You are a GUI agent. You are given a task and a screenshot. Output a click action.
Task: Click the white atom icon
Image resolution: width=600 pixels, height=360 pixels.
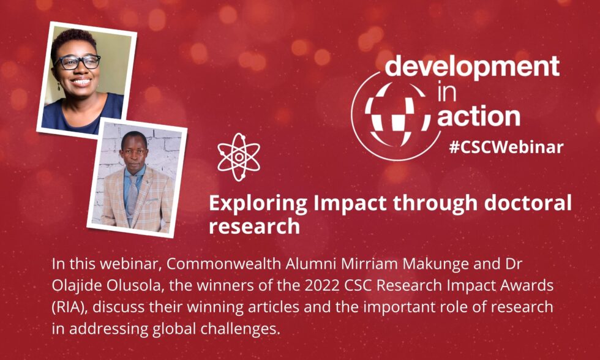pos(239,157)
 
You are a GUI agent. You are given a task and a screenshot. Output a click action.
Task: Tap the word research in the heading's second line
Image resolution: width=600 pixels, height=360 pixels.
pos(254,227)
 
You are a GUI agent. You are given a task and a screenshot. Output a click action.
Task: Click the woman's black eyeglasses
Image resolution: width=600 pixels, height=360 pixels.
pos(78,62)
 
